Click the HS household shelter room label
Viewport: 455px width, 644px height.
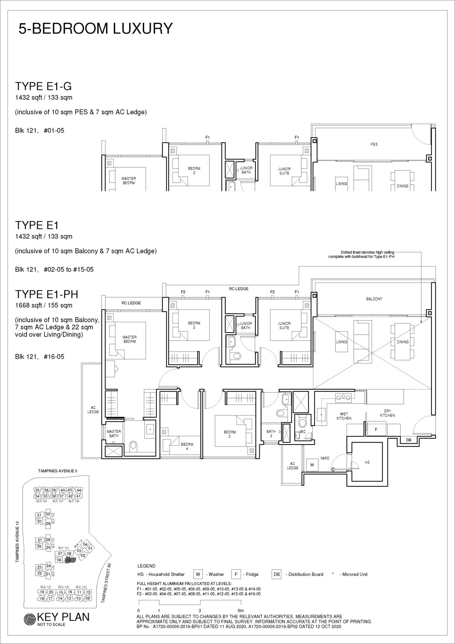click(367, 462)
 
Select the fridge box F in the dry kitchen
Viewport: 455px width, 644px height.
click(377, 429)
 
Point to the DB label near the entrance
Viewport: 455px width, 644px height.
click(409, 440)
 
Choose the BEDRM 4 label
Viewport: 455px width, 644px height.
click(187, 446)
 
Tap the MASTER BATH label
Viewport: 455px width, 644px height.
click(114, 433)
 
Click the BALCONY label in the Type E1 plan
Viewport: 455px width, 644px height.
click(374, 299)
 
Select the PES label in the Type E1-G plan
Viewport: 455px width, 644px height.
click(374, 144)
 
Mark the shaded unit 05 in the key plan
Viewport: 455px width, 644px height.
click(70, 560)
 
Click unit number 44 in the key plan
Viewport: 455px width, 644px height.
click(79, 490)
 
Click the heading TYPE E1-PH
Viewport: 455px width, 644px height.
click(46, 294)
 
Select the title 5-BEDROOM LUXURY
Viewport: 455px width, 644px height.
click(96, 28)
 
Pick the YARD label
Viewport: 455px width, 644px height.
click(325, 458)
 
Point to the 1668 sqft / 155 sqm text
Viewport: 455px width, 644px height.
click(44, 305)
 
